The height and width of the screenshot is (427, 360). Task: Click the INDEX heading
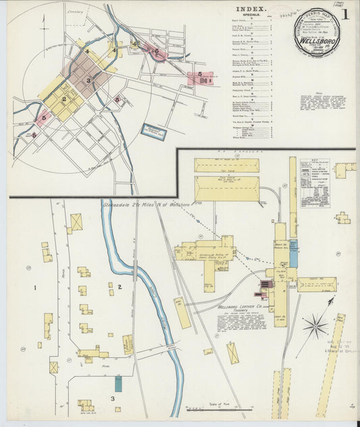click(x=253, y=10)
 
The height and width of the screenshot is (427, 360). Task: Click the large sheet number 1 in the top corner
click(x=345, y=14)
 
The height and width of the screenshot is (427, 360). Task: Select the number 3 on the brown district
click(x=88, y=80)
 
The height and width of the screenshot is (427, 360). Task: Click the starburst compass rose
click(x=314, y=328)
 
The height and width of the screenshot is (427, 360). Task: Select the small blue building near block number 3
click(x=118, y=384)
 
